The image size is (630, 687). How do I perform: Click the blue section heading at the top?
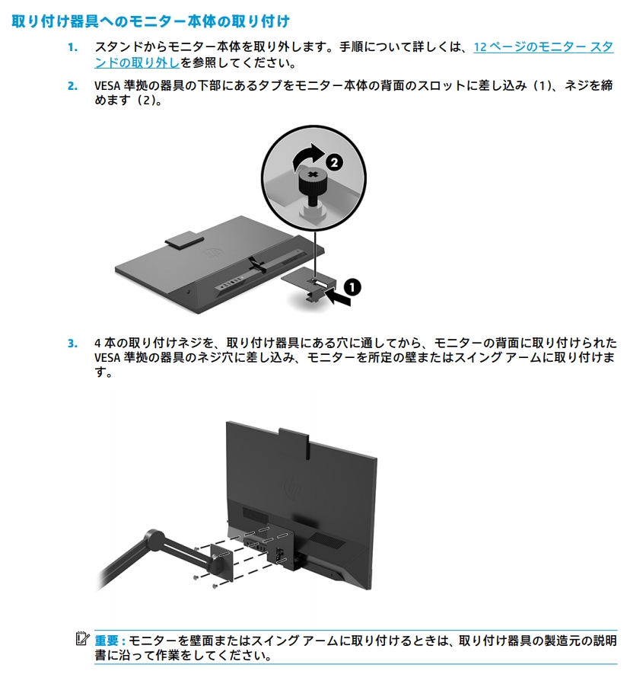click(x=150, y=20)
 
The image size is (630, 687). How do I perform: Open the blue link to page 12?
click(x=542, y=47)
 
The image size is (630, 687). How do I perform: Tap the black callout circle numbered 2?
click(x=333, y=161)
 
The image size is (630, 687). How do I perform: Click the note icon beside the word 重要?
click(x=83, y=637)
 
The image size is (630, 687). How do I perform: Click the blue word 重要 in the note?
click(x=108, y=640)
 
